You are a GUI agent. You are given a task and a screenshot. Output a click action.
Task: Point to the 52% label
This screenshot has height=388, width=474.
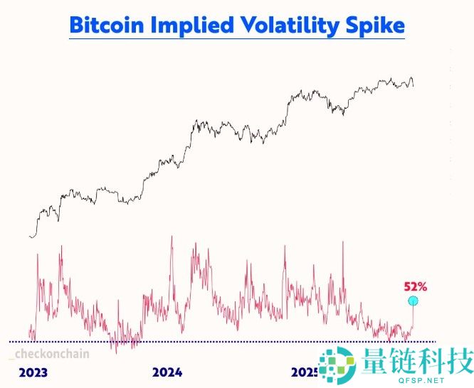pos(415,287)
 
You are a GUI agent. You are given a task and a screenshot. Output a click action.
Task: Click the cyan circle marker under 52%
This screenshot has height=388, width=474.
pos(413,301)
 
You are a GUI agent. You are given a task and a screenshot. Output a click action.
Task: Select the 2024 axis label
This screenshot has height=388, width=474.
pos(167,372)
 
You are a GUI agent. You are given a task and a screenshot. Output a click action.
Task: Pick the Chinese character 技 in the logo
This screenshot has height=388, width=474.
pos(458,361)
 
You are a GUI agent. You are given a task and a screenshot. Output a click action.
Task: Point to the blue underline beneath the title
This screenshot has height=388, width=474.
pos(237,38)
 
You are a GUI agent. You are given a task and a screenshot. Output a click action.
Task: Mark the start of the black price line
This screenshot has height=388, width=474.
pos(29,237)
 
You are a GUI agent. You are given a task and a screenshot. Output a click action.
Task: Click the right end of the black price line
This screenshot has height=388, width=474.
pos(413,86)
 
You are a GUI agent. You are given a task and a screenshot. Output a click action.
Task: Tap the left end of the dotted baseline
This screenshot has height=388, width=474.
pos(11,342)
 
